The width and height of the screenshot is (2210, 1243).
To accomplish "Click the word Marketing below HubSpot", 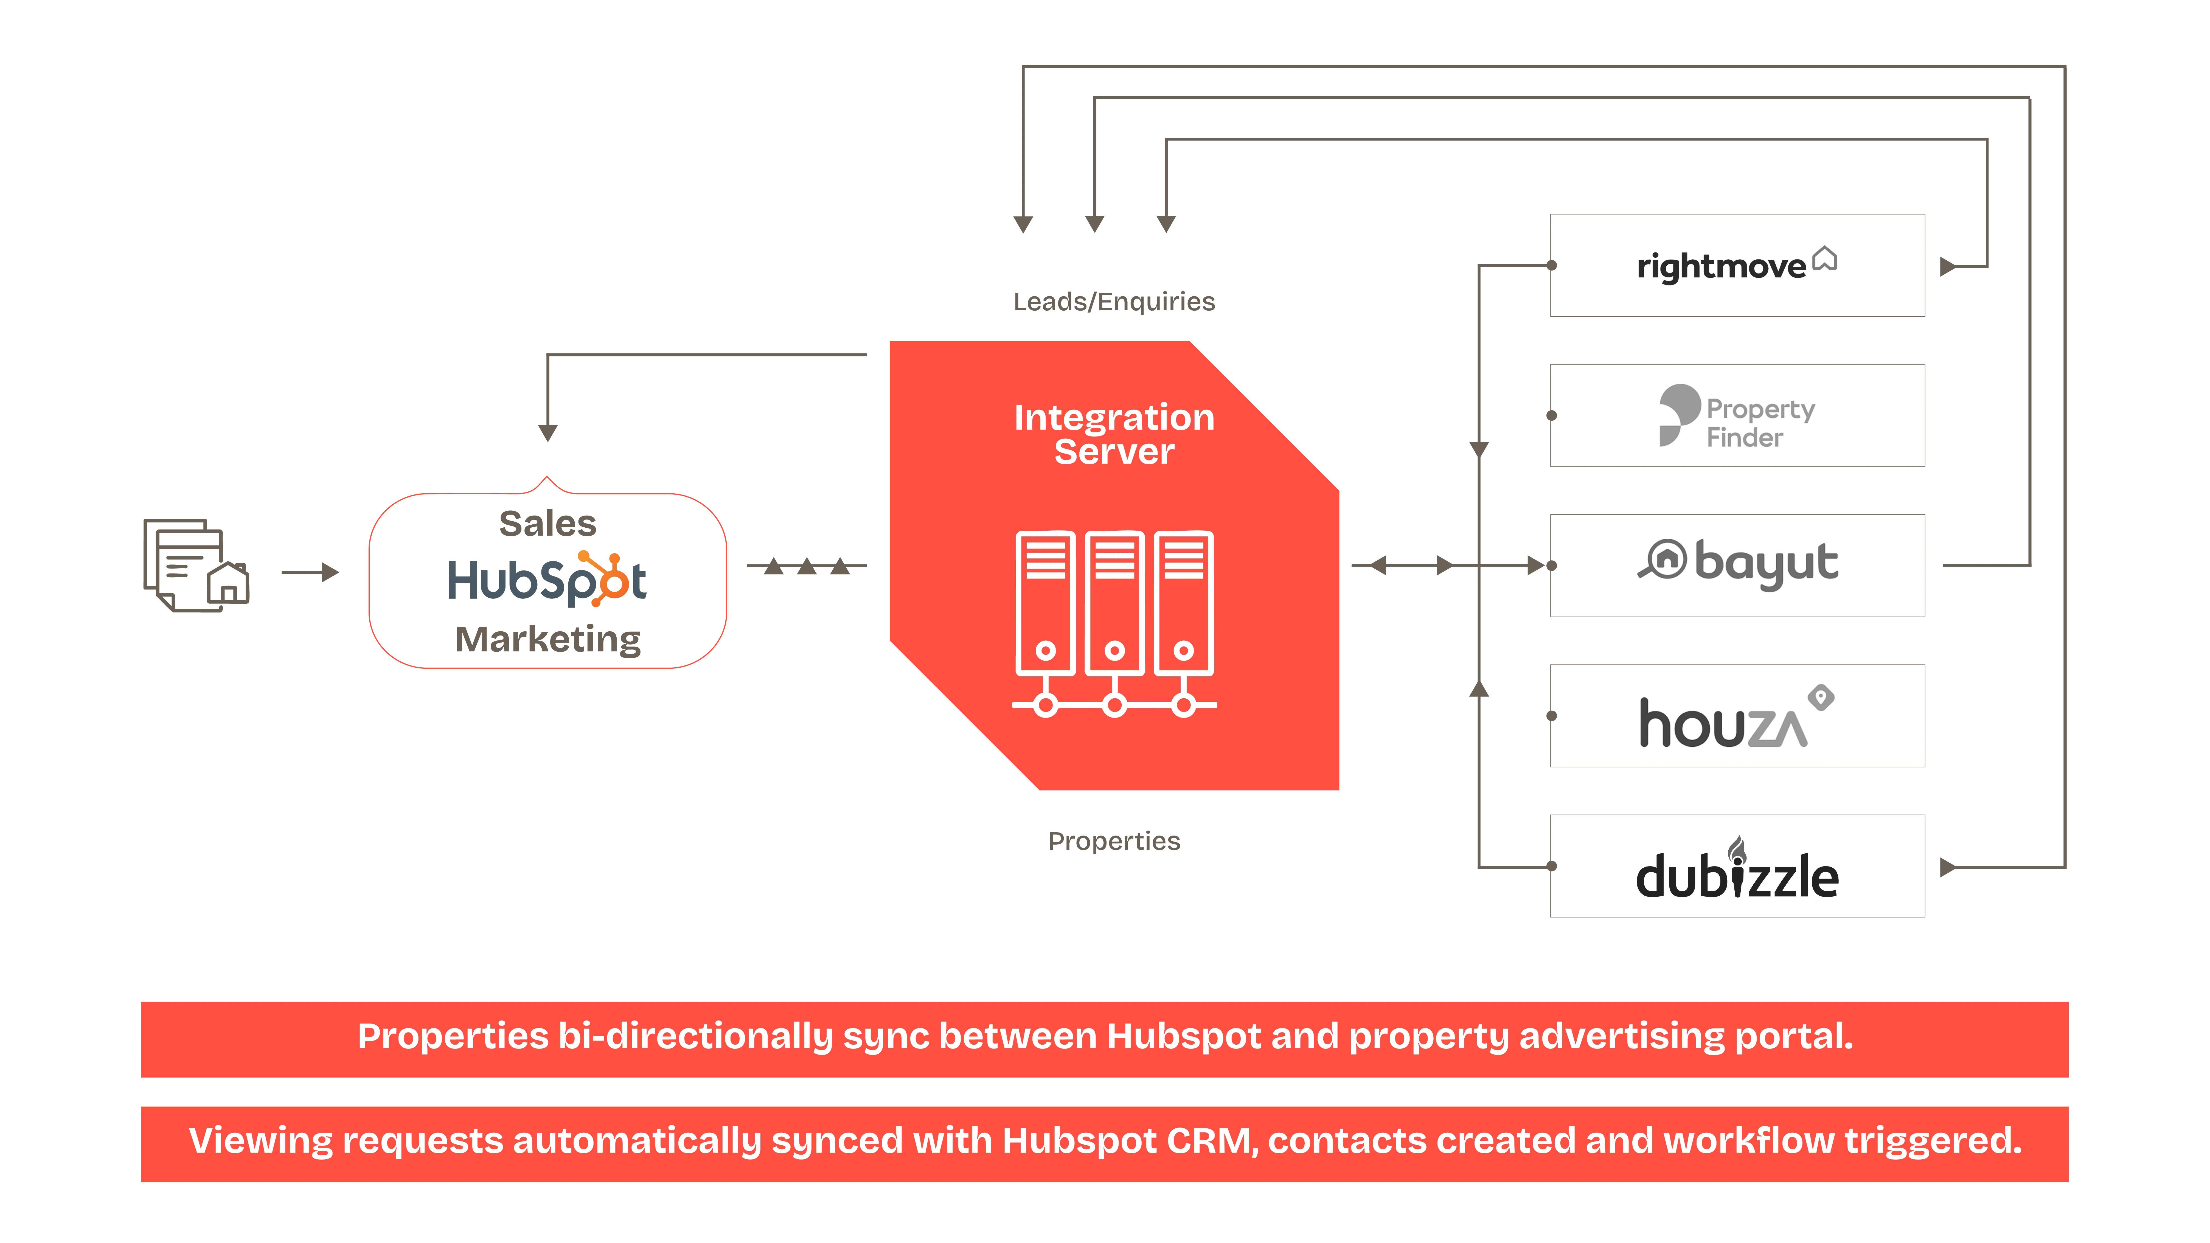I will pos(547,639).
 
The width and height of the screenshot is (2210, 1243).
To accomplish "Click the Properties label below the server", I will pos(1114,842).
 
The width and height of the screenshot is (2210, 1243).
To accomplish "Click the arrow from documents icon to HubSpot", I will pos(311,572).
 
